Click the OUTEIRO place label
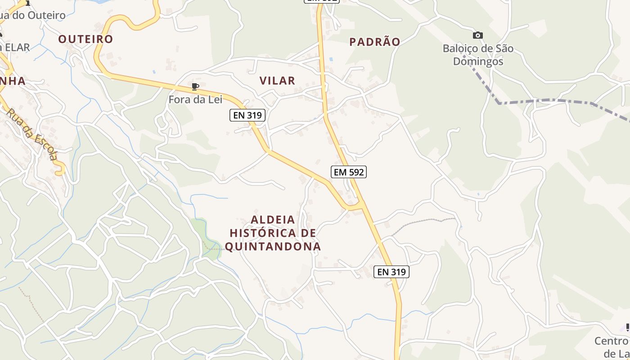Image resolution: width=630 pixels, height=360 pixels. [x=85, y=39]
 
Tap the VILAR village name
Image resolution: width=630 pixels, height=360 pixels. [x=277, y=81]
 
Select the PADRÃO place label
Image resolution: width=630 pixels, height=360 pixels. [x=375, y=42]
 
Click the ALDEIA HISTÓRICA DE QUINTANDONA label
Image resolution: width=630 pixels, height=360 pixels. [x=273, y=233]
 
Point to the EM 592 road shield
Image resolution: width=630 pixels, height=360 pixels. [x=349, y=171]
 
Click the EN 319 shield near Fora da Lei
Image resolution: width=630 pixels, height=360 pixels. [x=247, y=115]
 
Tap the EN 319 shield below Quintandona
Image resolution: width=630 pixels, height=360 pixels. [x=391, y=272]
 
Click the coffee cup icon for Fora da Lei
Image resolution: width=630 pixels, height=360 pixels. [x=195, y=86]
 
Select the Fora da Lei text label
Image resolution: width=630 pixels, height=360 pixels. [x=195, y=99]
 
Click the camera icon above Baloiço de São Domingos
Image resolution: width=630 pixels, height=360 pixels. [x=477, y=35]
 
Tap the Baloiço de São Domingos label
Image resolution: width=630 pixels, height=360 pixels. [x=478, y=55]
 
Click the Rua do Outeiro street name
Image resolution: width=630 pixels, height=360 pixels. [x=34, y=15]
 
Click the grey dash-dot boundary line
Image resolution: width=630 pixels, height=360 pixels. [x=544, y=100]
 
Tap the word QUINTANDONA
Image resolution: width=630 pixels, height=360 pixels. [x=273, y=247]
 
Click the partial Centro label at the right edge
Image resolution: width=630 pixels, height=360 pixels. [x=612, y=341]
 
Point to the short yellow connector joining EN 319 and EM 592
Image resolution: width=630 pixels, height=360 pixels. [x=353, y=208]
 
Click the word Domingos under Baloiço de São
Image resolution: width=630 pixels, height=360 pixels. [x=478, y=61]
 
